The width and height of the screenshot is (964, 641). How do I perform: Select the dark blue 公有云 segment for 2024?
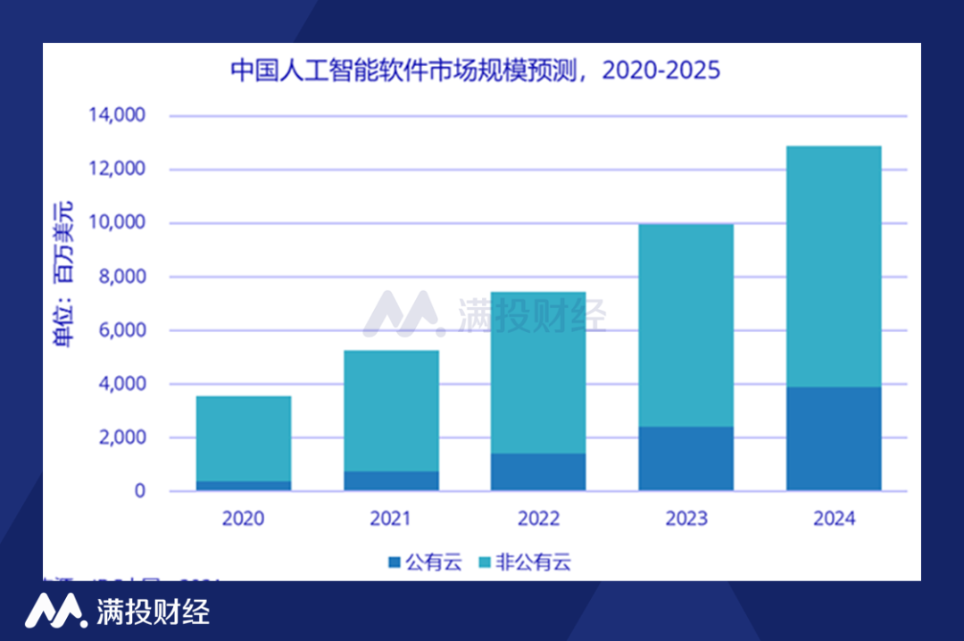[834, 438]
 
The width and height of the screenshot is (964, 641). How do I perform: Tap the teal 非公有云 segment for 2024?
[834, 266]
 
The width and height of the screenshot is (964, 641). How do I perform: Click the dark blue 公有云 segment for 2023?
[686, 458]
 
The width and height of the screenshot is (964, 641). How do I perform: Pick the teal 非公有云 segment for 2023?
[686, 325]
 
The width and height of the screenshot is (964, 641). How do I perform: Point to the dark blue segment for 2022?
[538, 471]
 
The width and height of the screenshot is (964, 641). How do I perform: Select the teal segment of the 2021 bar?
[391, 411]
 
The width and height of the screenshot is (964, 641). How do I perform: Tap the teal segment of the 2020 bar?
[244, 438]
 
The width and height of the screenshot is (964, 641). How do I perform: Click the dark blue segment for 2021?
[391, 480]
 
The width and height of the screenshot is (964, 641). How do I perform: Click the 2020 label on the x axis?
[244, 519]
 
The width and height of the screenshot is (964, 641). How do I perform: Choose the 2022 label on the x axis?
[538, 519]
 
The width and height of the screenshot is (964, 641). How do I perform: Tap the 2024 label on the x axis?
[834, 519]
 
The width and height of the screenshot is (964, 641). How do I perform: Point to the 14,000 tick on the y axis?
[116, 116]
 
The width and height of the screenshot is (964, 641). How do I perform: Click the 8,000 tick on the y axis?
[120, 277]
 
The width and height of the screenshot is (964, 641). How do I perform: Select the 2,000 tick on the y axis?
[120, 437]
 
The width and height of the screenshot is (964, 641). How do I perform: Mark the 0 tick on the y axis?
[139, 491]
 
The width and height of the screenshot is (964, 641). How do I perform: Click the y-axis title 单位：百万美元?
[64, 272]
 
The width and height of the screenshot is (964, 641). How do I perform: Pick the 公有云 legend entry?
[425, 562]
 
